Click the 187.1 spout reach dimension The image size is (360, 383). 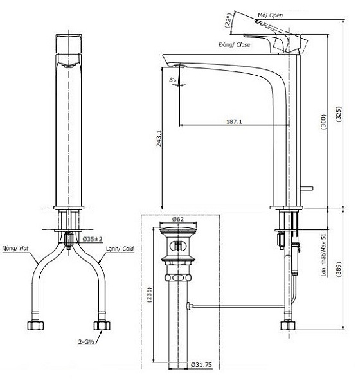pyautogui.click(x=234, y=121)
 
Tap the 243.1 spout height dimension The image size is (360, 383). pyautogui.click(x=159, y=138)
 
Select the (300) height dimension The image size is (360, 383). pyautogui.click(x=323, y=121)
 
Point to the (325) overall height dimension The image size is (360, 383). pyautogui.click(x=339, y=114)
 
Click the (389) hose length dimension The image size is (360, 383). pyautogui.click(x=339, y=269)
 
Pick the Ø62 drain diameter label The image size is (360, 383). pyautogui.click(x=177, y=219)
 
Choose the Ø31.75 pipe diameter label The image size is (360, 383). pyautogui.click(x=201, y=365)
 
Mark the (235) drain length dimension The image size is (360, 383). pyautogui.click(x=149, y=295)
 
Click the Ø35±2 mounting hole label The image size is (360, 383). pyautogui.click(x=93, y=239)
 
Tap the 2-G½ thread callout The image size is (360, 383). pyautogui.click(x=86, y=342)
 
